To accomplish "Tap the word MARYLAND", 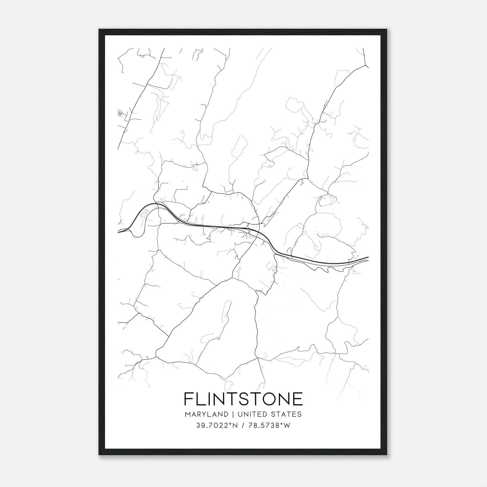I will [206, 414].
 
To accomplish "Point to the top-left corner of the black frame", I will [99, 30].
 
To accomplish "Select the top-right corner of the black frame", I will [387, 30].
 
